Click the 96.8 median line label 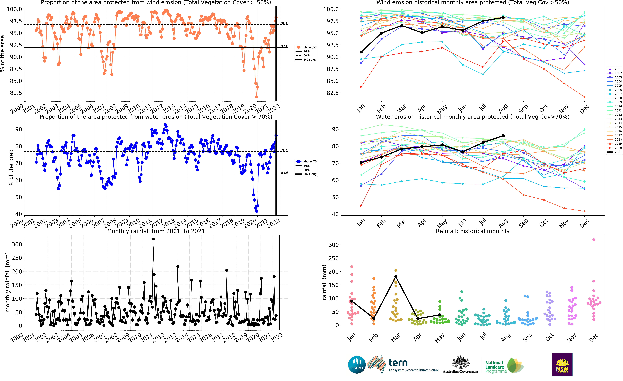(x=284, y=23)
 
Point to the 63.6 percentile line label (x=284, y=173)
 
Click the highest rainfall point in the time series (x=153, y=239)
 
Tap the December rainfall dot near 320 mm (x=594, y=240)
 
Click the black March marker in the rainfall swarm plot (x=396, y=277)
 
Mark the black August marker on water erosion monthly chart (x=503, y=136)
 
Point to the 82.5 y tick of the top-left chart (x=16, y=93)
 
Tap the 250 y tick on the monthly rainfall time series (x=17, y=258)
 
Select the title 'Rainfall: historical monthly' (x=473, y=231)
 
